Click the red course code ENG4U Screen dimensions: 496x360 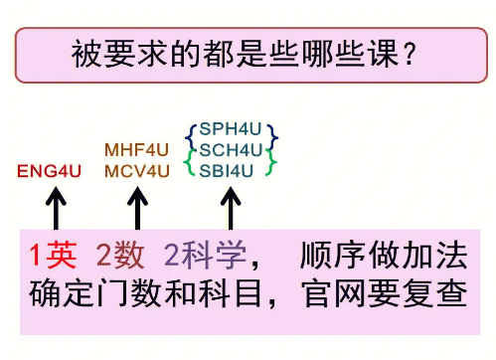[x=49, y=171]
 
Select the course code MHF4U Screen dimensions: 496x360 [x=136, y=150]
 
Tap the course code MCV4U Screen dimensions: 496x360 [x=137, y=171]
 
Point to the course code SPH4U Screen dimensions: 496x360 [x=231, y=129]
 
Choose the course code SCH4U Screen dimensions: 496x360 [x=231, y=150]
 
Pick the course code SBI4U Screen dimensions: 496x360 [x=227, y=171]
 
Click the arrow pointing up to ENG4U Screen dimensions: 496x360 [x=56, y=208]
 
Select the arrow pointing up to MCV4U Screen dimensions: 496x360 [x=137, y=208]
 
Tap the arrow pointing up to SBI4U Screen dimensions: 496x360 [x=231, y=208]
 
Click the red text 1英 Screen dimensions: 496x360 [x=54, y=255]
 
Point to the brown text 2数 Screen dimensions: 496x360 [x=120, y=255]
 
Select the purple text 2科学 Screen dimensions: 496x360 [x=206, y=255]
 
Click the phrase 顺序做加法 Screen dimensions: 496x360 [x=384, y=255]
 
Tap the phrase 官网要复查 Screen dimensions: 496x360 [x=385, y=293]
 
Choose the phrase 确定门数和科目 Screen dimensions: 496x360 [x=145, y=293]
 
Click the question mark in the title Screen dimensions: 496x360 [x=410, y=55]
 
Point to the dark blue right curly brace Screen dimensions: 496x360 [x=272, y=137]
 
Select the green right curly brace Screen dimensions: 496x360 [x=271, y=162]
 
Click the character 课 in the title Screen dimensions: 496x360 [x=384, y=54]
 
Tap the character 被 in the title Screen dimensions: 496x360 [x=86, y=54]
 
